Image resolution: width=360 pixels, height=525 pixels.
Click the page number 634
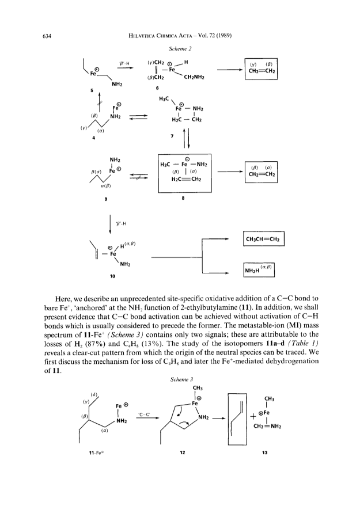point(47,36)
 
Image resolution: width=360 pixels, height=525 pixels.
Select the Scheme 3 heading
point(181,379)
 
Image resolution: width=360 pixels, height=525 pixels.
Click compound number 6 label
point(157,88)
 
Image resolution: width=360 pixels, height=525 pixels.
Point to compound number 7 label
point(172,136)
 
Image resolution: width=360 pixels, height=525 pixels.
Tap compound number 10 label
point(112,276)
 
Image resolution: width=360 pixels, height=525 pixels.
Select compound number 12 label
point(182,452)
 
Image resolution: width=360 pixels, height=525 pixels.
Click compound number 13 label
point(265,452)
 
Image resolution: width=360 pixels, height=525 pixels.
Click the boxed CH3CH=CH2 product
point(263,239)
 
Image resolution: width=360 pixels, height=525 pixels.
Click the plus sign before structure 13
point(254,416)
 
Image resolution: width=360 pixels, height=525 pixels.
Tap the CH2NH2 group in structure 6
point(194,77)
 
